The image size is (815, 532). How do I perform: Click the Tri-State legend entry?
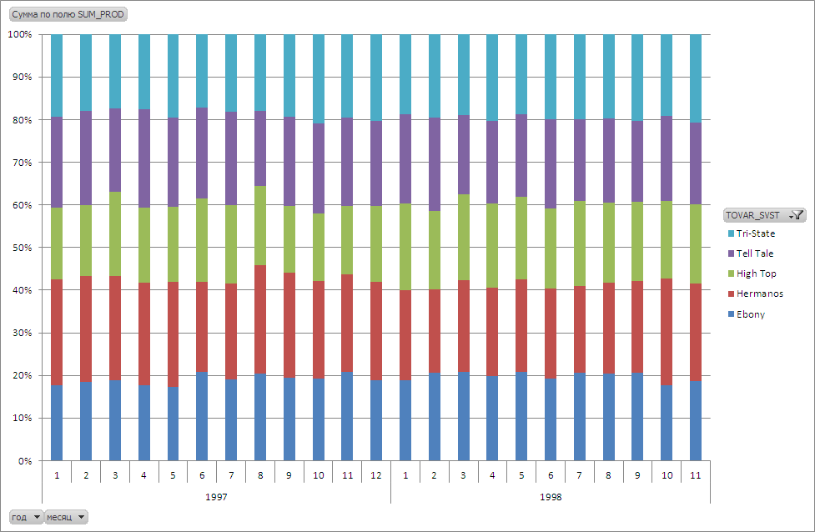pyautogui.click(x=755, y=233)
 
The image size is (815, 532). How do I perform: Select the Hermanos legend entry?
pyautogui.click(x=759, y=294)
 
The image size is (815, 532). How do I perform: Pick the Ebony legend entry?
pyautogui.click(x=750, y=314)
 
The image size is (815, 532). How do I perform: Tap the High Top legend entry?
pyautogui.click(x=756, y=274)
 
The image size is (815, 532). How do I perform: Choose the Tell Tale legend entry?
pyautogui.click(x=755, y=253)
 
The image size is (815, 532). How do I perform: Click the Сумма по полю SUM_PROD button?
pyautogui.click(x=68, y=15)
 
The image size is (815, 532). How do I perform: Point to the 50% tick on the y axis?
pyautogui.click(x=19, y=248)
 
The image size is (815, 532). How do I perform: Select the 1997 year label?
pyautogui.click(x=216, y=496)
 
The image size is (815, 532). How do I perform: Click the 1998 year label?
pyautogui.click(x=550, y=496)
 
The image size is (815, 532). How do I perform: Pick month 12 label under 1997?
pyautogui.click(x=376, y=475)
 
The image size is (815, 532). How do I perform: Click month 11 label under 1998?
pyautogui.click(x=696, y=475)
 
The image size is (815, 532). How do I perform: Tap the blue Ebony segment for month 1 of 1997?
pyautogui.click(x=57, y=422)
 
